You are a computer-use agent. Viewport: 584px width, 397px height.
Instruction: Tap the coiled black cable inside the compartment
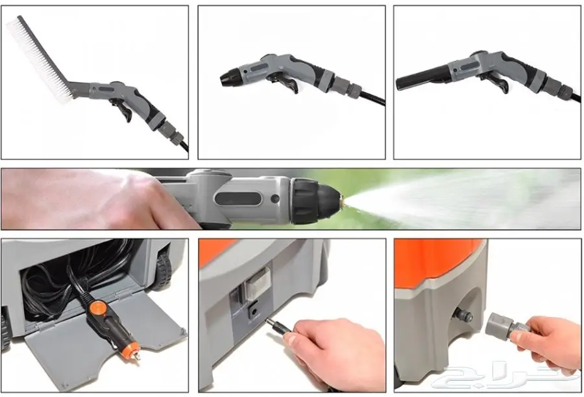(x=52, y=279)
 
